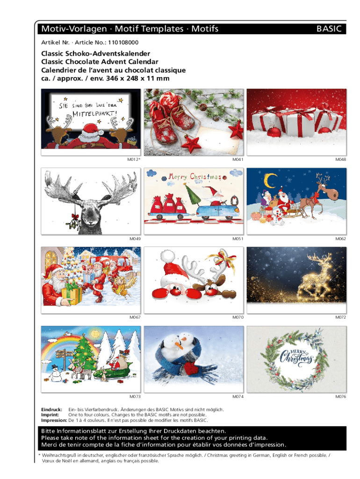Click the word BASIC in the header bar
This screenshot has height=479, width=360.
coord(329,29)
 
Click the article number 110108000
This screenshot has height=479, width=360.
coord(123,43)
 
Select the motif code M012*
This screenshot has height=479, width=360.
coord(134,160)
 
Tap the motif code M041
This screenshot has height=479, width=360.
coord(238,160)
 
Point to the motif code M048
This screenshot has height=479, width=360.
coord(340,160)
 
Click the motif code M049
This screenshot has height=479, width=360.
coord(135,239)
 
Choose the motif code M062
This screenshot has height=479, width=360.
coord(340,239)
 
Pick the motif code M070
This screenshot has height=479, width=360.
coord(238,318)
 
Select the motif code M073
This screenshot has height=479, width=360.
coord(135,397)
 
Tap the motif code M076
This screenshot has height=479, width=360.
coord(340,397)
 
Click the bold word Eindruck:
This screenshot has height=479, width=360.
coord(51,410)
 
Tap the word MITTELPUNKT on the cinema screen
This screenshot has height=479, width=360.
coord(94,114)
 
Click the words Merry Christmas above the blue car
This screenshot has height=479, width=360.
coord(194,176)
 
